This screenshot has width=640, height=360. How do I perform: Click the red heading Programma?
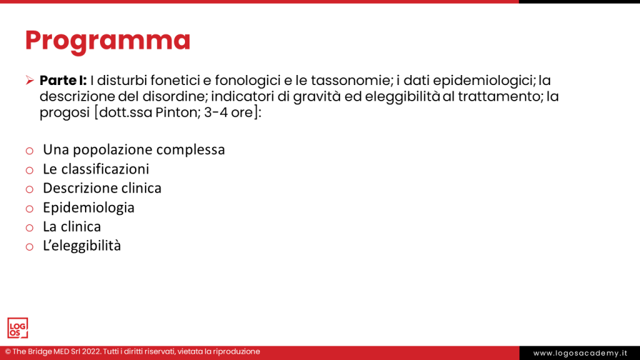[x=107, y=41]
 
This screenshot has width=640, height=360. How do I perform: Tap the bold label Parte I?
[x=63, y=81]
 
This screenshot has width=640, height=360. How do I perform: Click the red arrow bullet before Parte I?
[x=29, y=81]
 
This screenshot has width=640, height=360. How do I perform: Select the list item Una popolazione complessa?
[x=134, y=150]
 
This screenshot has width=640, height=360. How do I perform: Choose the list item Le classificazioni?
[x=96, y=169]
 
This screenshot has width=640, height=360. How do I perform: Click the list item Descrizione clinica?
[x=102, y=188]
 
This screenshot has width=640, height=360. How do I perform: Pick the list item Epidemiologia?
[x=89, y=207]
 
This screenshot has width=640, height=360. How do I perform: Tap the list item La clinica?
[x=72, y=226]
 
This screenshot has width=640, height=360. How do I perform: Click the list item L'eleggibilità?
[x=82, y=246]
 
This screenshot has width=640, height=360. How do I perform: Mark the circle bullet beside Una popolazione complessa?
[x=29, y=151]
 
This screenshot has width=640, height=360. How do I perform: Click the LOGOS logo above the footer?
[x=17, y=327]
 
